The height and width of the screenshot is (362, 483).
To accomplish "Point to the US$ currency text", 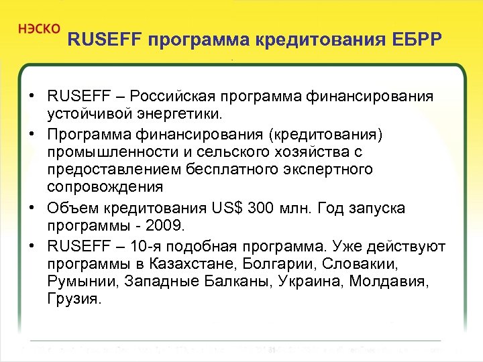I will pyautogui.click(x=226, y=208).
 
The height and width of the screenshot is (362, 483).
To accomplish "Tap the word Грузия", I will pyautogui.click(x=74, y=299).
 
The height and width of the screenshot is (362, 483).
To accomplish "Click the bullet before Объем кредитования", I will pyautogui.click(x=32, y=208).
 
